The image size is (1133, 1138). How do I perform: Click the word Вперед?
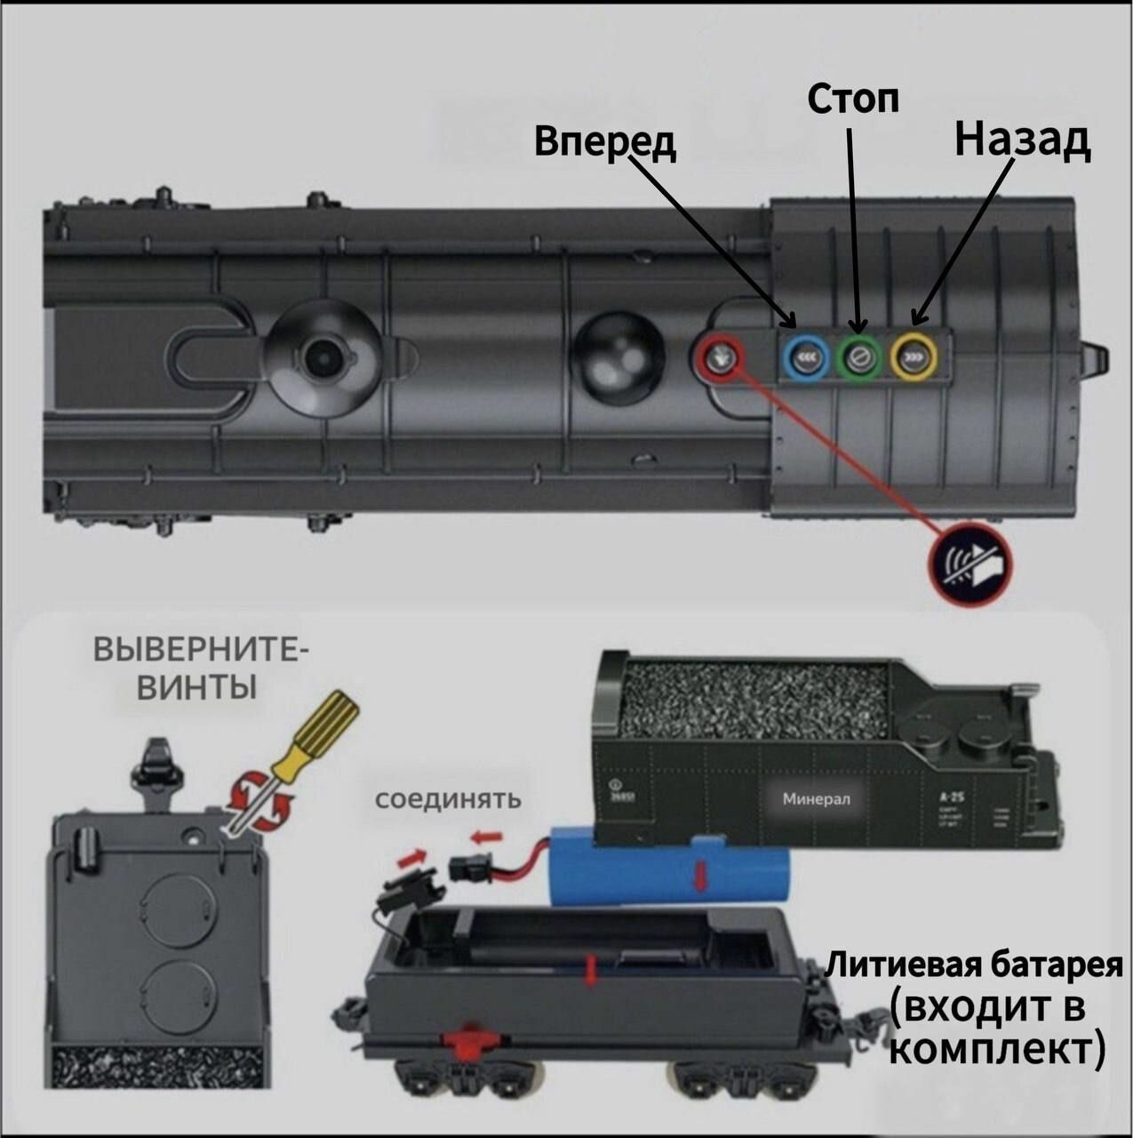click(605, 142)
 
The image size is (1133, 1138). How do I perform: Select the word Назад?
click(1023, 140)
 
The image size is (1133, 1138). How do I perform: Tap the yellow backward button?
click(914, 358)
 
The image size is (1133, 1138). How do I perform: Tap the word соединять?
click(448, 797)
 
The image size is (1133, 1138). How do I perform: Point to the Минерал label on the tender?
click(816, 798)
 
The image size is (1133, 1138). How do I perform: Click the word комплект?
click(995, 1049)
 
